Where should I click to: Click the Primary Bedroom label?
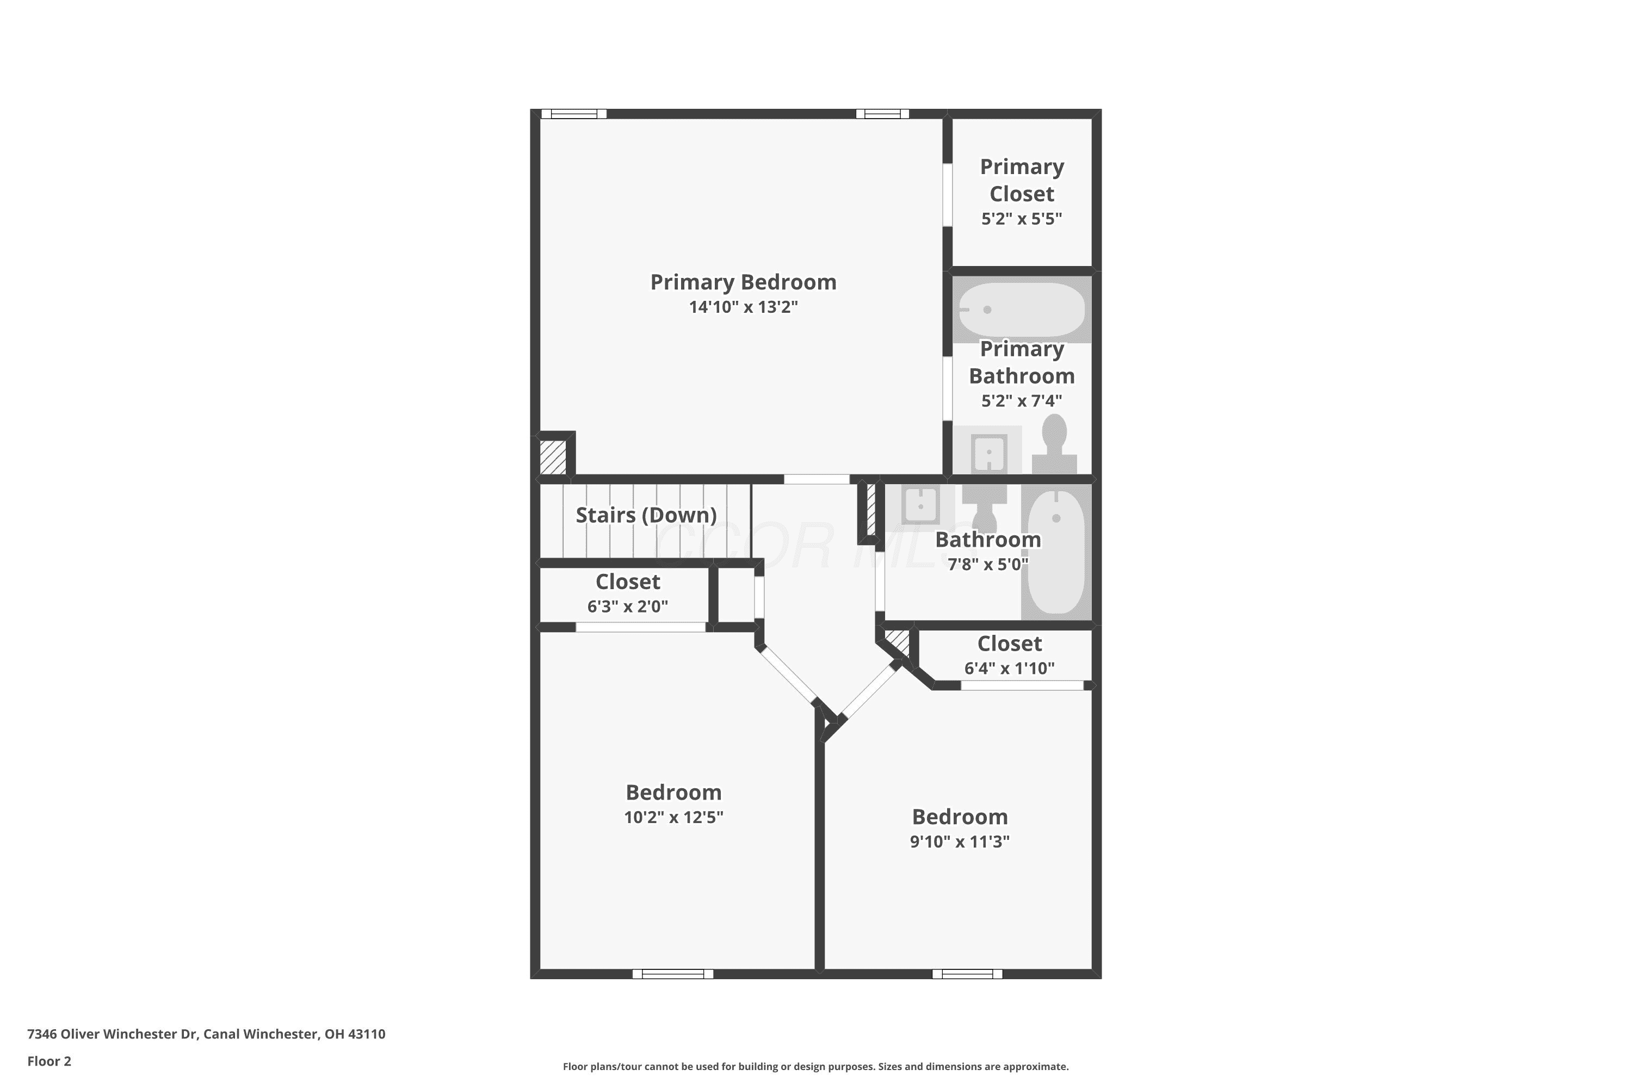(x=743, y=282)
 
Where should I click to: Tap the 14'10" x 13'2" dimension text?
(x=743, y=307)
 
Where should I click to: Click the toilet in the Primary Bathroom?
(x=1054, y=444)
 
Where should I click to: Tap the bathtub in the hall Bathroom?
(x=1055, y=552)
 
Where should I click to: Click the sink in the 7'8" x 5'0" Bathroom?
(x=920, y=504)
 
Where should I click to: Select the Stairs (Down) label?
(x=646, y=515)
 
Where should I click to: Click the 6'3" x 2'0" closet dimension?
(x=627, y=607)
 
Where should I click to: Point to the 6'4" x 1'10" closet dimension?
(x=1009, y=668)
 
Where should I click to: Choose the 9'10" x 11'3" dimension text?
(x=960, y=842)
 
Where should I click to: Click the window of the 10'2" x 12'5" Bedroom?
(x=673, y=974)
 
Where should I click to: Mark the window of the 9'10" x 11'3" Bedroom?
(x=967, y=974)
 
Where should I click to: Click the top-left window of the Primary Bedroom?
(x=574, y=114)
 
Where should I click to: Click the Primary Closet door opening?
(x=947, y=194)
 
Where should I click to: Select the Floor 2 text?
(x=50, y=1061)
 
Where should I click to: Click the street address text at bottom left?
(x=206, y=1034)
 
